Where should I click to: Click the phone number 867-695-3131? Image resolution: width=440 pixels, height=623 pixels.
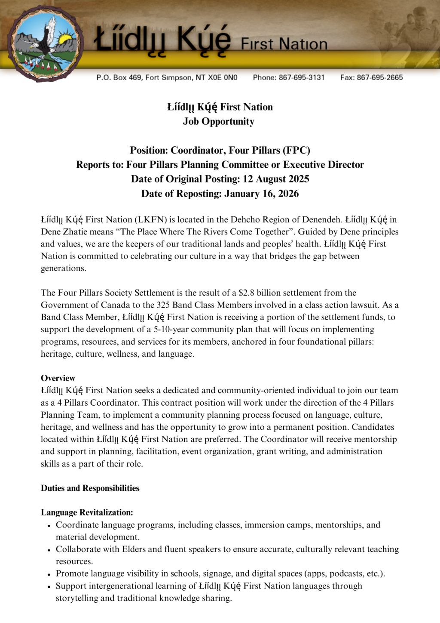(301, 77)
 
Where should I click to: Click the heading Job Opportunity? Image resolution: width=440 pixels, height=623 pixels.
(218, 121)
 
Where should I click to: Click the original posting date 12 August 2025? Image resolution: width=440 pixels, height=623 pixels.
(276, 179)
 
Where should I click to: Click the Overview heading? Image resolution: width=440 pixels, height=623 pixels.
(58, 378)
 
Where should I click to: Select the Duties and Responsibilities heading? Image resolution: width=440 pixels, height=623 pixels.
(90, 488)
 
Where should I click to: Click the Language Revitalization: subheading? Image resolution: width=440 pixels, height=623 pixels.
(87, 512)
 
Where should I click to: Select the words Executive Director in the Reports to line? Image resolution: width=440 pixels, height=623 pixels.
(323, 165)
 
